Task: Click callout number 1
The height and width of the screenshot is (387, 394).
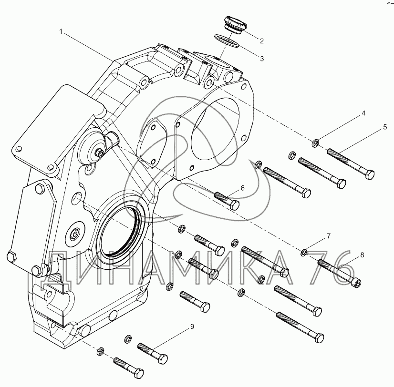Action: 61,31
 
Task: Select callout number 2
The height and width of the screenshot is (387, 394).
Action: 262,41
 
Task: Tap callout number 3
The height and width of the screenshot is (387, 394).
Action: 262,58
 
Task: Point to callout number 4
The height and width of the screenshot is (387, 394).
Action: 363,113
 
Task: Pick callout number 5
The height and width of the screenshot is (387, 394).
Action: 384,127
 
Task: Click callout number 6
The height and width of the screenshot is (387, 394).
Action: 242,188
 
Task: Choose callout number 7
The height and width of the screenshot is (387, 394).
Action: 328,236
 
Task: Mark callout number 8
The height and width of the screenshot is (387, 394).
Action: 362,255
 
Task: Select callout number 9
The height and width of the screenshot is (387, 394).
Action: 192,326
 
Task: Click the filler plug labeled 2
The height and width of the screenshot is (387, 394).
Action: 233,24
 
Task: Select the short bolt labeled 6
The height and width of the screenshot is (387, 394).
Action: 227,200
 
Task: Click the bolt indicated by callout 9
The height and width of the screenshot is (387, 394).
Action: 153,352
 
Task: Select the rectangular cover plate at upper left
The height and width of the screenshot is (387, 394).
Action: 58,126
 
